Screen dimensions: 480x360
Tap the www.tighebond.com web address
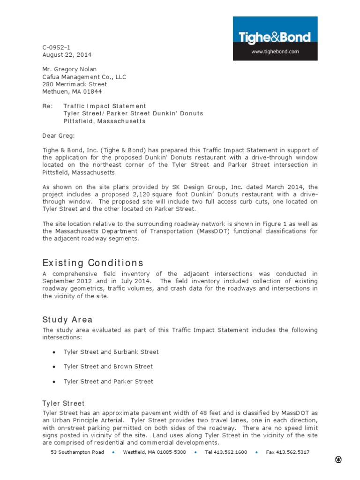tap(275, 52)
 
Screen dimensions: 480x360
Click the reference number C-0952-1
tap(57, 47)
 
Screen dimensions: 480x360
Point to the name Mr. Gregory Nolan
tap(69, 69)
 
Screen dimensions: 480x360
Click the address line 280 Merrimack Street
tap(75, 84)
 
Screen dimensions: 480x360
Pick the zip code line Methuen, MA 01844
tap(72, 91)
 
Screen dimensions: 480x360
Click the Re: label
tap(47, 106)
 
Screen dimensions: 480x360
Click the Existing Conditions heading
tap(93, 262)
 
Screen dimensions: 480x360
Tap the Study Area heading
tap(67, 320)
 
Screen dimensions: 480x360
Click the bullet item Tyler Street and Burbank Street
tap(111, 352)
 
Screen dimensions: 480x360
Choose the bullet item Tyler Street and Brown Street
tap(108, 367)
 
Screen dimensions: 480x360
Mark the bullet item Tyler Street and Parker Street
tap(108, 382)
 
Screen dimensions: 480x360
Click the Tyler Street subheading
tap(63, 403)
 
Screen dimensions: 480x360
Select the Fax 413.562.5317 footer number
tap(287, 452)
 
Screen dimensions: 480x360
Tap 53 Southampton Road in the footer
tap(77, 452)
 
